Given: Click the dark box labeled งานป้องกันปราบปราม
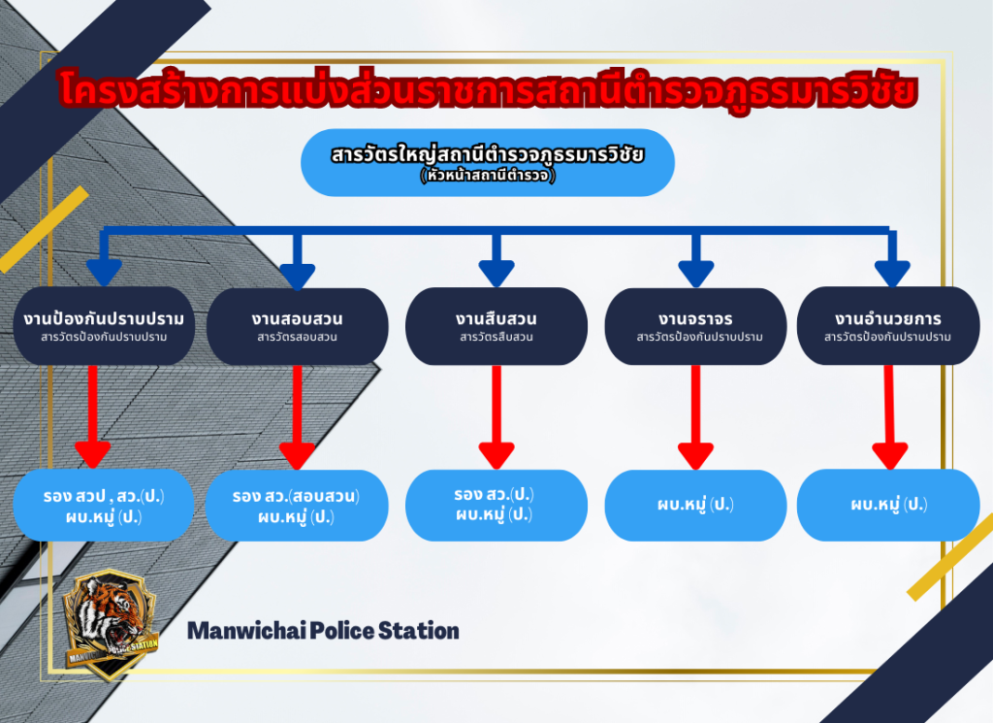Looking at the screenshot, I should (104, 326).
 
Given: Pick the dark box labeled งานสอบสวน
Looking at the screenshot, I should (297, 326).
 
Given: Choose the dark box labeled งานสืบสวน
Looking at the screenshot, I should (496, 326).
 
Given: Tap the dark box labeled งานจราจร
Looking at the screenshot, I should (694, 326).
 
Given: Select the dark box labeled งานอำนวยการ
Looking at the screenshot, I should (887, 326).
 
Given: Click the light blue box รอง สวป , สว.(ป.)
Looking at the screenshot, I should (104, 506).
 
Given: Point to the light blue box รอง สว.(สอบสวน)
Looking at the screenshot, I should (297, 506).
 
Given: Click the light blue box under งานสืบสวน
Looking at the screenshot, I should (496, 505).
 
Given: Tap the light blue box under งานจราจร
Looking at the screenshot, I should (694, 505).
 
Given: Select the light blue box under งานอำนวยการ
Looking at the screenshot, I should (887, 505).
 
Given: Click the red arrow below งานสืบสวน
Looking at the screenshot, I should (496, 417).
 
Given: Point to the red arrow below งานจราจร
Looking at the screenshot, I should (695, 417).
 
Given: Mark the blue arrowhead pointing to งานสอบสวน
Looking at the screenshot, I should (298, 273).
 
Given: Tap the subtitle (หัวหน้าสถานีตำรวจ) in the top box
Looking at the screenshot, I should (487, 177).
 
